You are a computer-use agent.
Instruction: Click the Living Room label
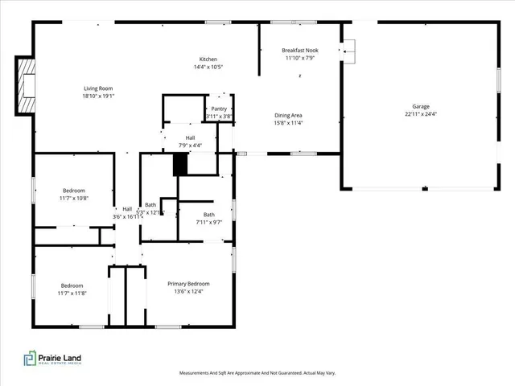point(99,88)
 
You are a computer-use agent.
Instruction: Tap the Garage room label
point(420,106)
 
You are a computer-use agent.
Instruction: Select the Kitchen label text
point(209,60)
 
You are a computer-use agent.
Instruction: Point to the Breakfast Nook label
point(299,50)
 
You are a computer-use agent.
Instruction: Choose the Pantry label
point(218,109)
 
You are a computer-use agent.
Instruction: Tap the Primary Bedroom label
point(188,284)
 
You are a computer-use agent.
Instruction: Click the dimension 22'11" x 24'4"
point(420,114)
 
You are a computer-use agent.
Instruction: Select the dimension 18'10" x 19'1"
point(99,96)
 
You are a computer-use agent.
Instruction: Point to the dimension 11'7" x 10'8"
point(74,198)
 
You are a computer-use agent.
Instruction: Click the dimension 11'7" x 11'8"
point(72,294)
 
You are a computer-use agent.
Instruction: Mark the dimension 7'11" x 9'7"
point(209,222)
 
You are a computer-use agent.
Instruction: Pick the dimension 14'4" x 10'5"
point(209,68)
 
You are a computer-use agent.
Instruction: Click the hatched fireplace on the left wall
point(27,84)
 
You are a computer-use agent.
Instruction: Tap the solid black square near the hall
point(180,164)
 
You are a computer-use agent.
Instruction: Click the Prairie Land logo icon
point(30,358)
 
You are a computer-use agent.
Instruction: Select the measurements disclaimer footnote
point(257,373)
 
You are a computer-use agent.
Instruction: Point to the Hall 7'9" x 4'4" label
point(191,142)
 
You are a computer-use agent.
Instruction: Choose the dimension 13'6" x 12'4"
point(188,292)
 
